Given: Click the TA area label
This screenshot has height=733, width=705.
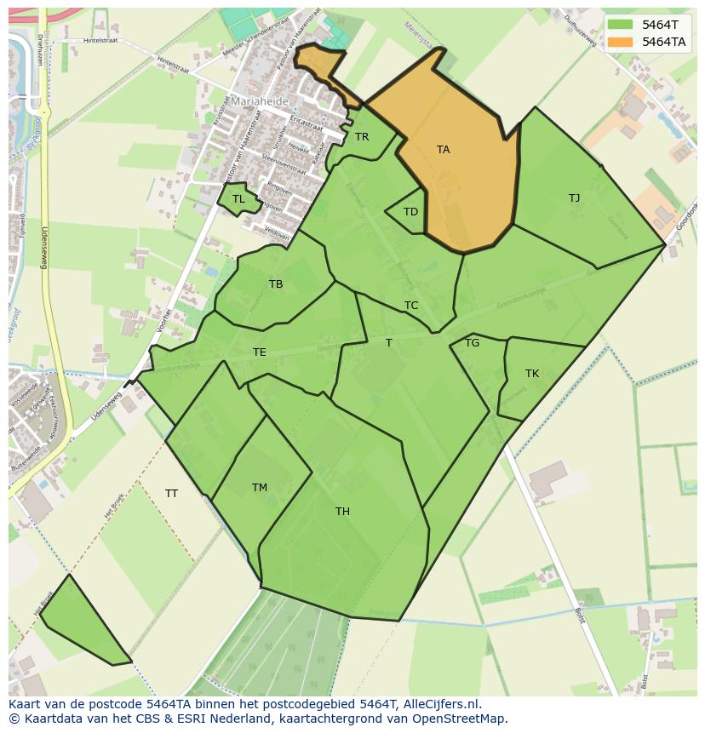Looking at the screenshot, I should (443, 150).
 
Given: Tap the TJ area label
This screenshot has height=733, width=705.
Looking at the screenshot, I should (574, 198).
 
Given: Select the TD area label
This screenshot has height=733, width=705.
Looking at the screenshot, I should (410, 212).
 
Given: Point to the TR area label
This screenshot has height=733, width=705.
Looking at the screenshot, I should (362, 137).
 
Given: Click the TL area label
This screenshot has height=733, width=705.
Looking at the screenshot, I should (238, 199).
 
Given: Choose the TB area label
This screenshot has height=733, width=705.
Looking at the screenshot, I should (276, 284).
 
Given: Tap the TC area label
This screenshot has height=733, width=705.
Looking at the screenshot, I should (411, 306).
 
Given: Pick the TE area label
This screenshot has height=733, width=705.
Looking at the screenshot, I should (260, 352).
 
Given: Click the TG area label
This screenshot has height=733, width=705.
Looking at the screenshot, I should (472, 343).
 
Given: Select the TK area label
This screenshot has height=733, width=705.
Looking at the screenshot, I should (532, 374).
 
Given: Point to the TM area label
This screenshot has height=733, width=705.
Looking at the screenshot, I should (260, 488).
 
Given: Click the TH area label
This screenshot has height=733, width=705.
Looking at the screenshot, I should (342, 512).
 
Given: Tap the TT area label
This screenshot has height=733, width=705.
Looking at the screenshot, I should (171, 494).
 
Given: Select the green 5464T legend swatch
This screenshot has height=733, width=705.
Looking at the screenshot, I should (622, 25).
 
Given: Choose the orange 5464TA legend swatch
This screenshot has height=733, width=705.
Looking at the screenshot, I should (622, 42).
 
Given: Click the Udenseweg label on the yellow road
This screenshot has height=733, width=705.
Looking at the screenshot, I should (43, 248).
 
